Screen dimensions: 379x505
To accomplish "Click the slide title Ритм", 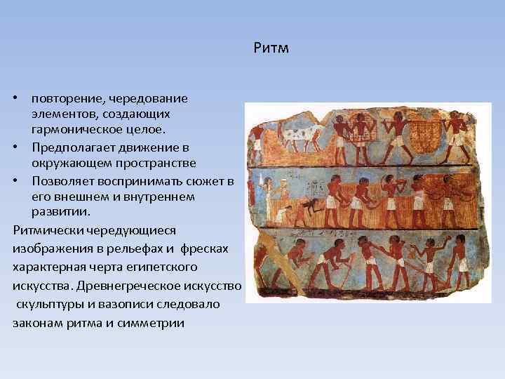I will click(269, 49).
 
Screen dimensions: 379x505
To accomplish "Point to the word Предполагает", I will click(66, 147).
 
